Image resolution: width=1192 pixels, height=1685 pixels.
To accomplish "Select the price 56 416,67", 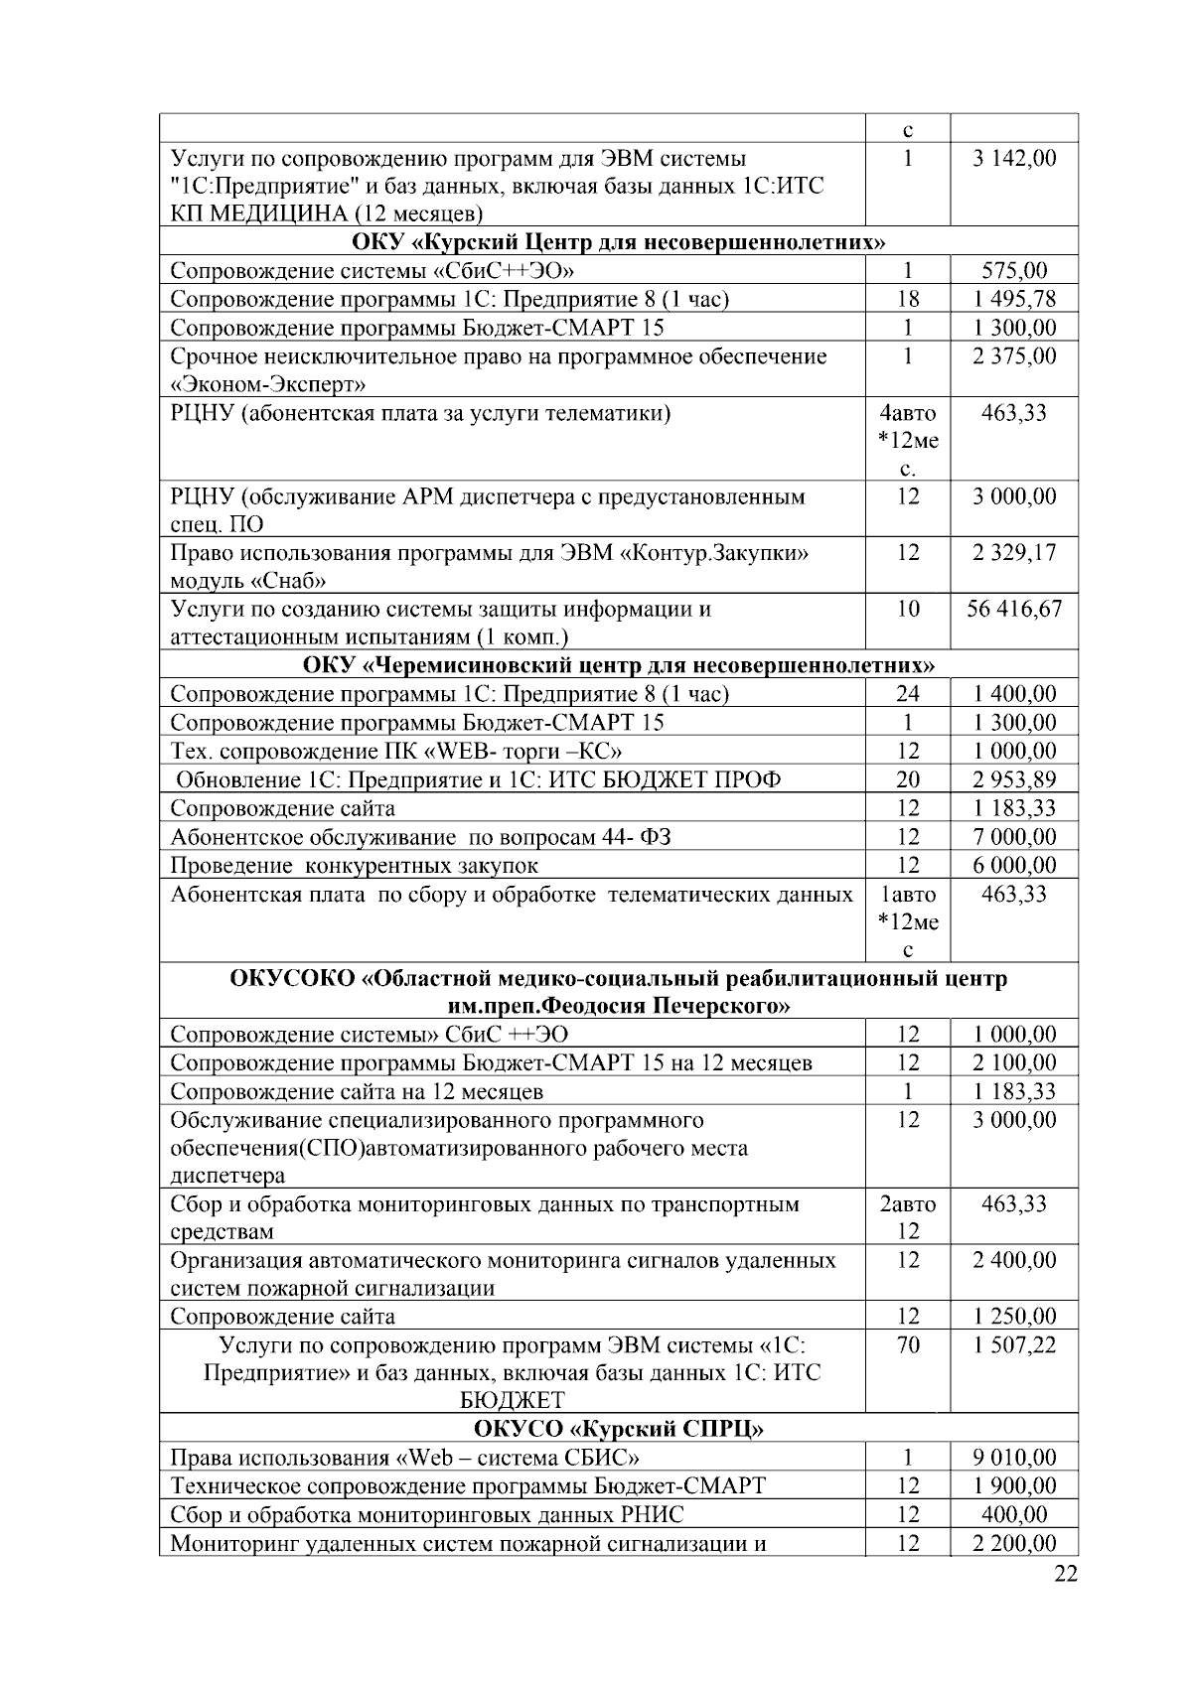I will pos(1014,610).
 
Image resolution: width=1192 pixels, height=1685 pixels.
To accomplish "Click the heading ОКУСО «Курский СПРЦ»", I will pos(618,1430).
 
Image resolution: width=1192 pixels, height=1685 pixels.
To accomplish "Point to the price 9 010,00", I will pos(1014,1459).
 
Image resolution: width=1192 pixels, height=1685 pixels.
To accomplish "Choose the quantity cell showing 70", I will pos(908,1345).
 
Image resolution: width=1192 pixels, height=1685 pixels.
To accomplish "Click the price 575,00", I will pos(1014,271).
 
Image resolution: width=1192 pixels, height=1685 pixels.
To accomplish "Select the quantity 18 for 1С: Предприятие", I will pos(908,300).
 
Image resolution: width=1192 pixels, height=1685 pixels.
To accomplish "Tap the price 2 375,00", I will pos(1014,356).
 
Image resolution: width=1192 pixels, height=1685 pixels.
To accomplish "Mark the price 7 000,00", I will pos(1014,837).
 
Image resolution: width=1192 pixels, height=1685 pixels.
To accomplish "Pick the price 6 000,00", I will pos(1014,866).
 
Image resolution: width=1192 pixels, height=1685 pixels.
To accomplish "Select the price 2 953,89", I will pos(1014,780).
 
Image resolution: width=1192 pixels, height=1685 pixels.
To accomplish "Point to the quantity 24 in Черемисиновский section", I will pos(908,695).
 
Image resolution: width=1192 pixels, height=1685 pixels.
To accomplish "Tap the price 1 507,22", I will pos(1014,1345).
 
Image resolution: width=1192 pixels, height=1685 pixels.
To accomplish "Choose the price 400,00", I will pos(1014,1515).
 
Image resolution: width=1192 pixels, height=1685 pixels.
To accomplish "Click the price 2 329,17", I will pos(1014,553).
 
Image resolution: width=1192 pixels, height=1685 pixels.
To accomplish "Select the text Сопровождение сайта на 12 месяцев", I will pos(357,1092).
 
